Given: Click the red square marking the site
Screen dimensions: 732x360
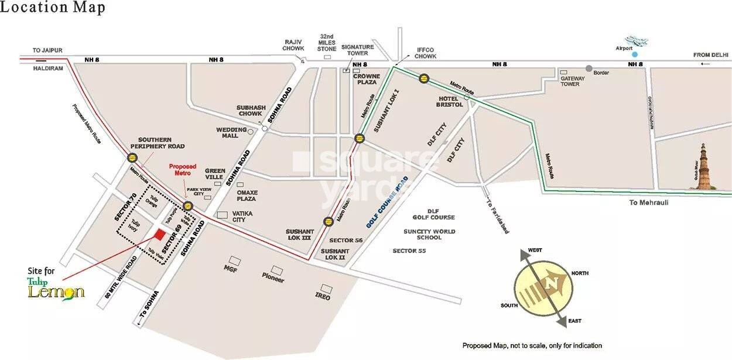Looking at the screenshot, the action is click(159, 234).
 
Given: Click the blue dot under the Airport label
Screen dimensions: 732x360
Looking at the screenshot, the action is click(634, 54).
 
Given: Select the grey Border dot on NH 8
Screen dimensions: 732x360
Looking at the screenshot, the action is click(589, 68).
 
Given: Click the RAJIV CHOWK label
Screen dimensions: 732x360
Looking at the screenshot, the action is click(294, 45).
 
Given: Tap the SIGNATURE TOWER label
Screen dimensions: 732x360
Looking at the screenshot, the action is click(357, 50).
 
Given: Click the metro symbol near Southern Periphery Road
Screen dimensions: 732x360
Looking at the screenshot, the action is click(132, 157).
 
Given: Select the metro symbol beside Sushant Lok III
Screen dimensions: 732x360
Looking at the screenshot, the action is click(328, 221).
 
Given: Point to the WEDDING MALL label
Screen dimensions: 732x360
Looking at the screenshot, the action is click(228, 133).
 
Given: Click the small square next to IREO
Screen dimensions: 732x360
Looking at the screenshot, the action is click(327, 289).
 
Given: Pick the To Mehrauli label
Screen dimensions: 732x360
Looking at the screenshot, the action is click(649, 203).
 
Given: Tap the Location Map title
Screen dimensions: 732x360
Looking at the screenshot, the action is click(53, 8).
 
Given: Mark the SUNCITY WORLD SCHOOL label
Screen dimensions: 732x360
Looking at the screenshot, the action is click(429, 235).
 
